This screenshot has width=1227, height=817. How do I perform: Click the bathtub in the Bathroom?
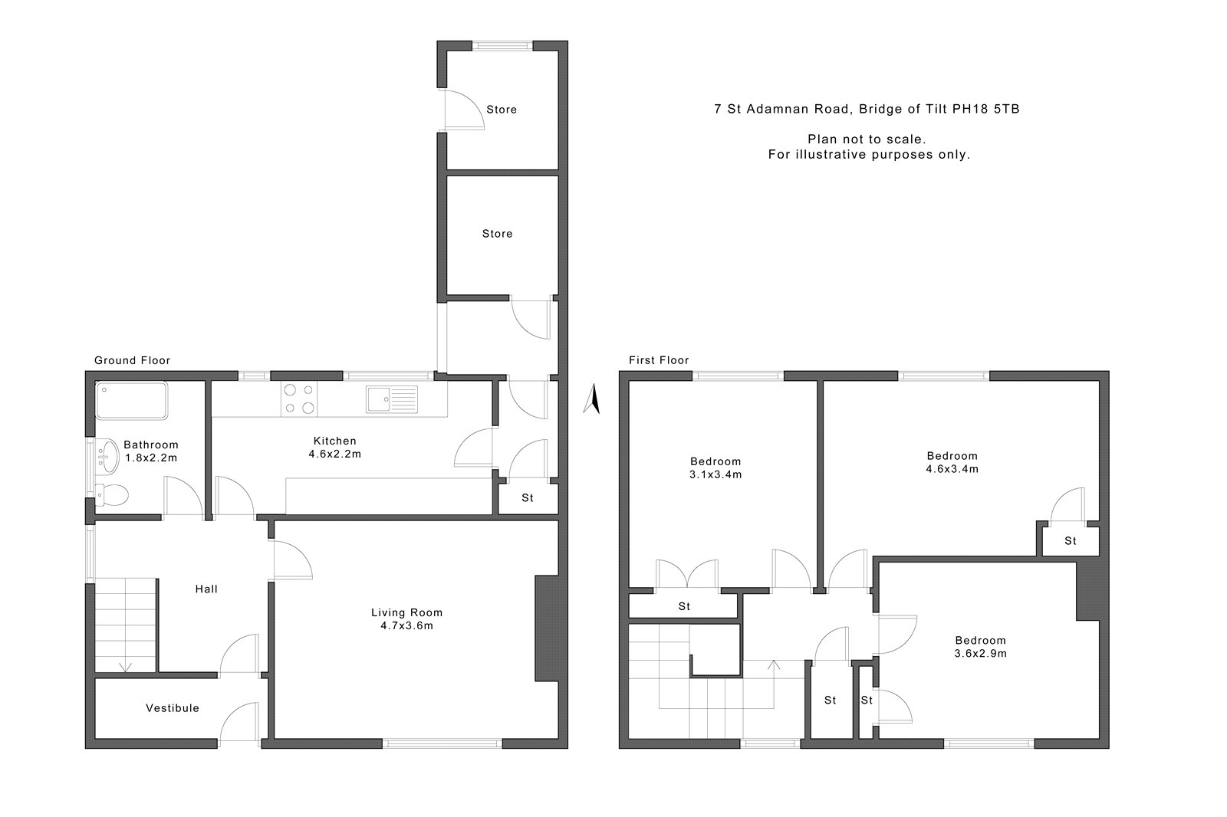coord(131,401)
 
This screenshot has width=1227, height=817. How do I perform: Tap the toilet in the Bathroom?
coord(112,496)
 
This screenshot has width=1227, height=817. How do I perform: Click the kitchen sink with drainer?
coord(392,399)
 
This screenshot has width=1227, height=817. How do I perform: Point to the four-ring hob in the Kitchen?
coord(299,399)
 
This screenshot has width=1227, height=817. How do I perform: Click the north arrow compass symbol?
coord(592,399)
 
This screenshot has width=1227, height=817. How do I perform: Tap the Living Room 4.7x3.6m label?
coord(407,618)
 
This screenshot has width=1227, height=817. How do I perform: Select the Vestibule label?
coord(173,708)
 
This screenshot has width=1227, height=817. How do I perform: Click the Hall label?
coord(206,589)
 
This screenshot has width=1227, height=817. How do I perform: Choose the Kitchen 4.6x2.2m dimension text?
coord(334,454)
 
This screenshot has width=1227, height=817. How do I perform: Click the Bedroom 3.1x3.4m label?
coord(715,468)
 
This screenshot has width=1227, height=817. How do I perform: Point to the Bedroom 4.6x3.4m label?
coord(952,462)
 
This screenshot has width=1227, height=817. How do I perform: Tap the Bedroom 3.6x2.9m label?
coord(981,647)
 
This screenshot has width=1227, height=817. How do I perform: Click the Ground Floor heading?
coord(132,360)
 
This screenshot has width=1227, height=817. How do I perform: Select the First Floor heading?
coord(659,360)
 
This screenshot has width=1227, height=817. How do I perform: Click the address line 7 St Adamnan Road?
coord(783,109)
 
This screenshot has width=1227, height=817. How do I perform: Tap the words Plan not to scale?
coord(867,139)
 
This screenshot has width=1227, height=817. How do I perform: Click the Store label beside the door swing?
coord(502,110)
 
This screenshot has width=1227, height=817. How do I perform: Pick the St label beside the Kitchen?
coord(528,497)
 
